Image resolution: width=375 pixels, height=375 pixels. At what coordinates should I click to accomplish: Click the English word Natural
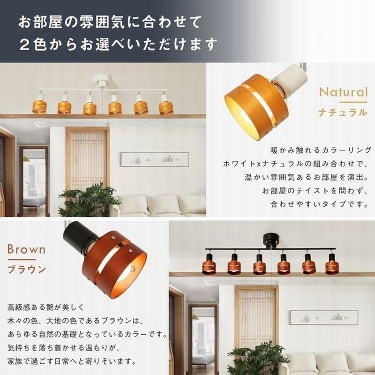click(343, 92)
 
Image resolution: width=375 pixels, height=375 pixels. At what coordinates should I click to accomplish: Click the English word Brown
click(26, 249)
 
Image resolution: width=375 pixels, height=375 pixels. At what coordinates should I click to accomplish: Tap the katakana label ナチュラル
click(343, 112)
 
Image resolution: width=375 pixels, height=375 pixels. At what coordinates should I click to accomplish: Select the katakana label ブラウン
click(27, 269)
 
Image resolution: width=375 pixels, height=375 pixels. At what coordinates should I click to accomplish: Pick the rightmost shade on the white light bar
click(166, 108)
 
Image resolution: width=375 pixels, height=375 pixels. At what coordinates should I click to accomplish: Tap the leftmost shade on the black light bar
click(209, 267)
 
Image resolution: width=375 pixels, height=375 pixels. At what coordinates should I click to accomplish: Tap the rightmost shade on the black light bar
click(332, 267)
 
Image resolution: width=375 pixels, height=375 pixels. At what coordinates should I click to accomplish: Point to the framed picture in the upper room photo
click(155, 159)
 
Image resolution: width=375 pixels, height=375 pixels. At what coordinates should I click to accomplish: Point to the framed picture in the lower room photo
click(324, 317)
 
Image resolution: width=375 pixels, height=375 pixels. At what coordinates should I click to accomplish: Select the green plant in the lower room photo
click(256, 358)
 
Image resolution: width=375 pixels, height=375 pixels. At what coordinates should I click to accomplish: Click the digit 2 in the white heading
click(24, 45)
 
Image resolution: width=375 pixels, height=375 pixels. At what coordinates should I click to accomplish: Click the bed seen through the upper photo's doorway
click(34, 202)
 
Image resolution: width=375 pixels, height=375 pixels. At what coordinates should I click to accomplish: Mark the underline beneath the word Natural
click(353, 102)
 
